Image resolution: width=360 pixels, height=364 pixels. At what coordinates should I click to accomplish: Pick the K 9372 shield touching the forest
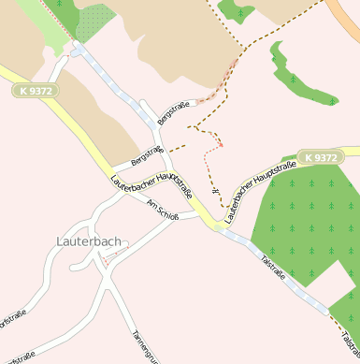click(x=318, y=157)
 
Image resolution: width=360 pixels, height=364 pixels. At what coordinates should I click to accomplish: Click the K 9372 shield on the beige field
click(x=36, y=91)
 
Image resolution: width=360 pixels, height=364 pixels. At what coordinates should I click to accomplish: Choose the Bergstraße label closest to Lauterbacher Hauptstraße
click(x=147, y=155)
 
